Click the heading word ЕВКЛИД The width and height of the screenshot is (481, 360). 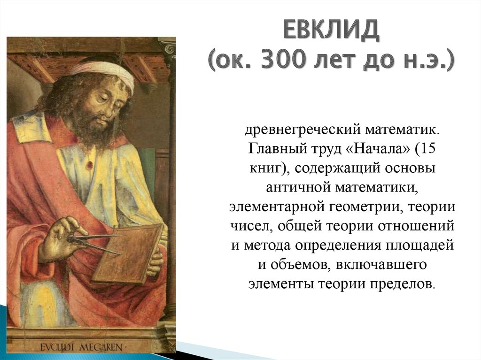331,30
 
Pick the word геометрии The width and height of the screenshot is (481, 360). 365,207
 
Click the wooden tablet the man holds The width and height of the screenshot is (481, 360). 128,254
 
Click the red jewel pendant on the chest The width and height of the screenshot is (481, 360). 90,165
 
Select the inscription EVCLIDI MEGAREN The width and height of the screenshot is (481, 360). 82,347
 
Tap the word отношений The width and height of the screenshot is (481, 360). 416,227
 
